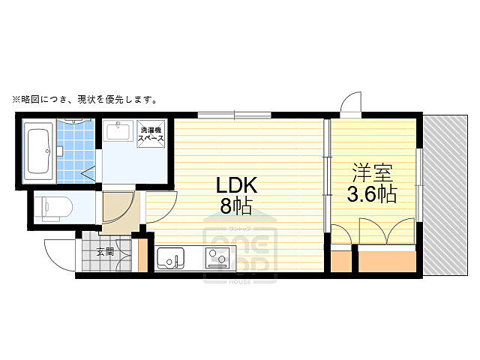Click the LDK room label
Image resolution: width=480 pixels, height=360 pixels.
pyautogui.click(x=237, y=184)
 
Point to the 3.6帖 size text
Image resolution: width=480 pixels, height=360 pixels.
pyautogui.click(x=371, y=195)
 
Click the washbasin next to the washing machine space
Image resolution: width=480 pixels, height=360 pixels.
pyautogui.click(x=118, y=132)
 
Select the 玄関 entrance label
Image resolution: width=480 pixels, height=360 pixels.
pyautogui.click(x=104, y=252)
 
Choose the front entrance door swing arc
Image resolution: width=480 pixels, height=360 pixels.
pyautogui.click(x=59, y=255)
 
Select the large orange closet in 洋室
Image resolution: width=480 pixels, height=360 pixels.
pyautogui.click(x=386, y=260)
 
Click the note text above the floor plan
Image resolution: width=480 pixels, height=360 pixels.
pyautogui.click(x=83, y=99)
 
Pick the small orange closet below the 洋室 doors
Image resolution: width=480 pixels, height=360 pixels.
pyautogui.click(x=340, y=260)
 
